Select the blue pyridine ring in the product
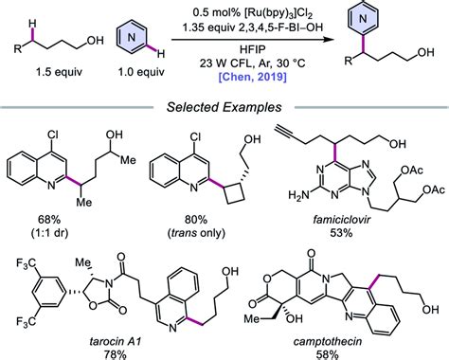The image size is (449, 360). (x=382, y=20)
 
